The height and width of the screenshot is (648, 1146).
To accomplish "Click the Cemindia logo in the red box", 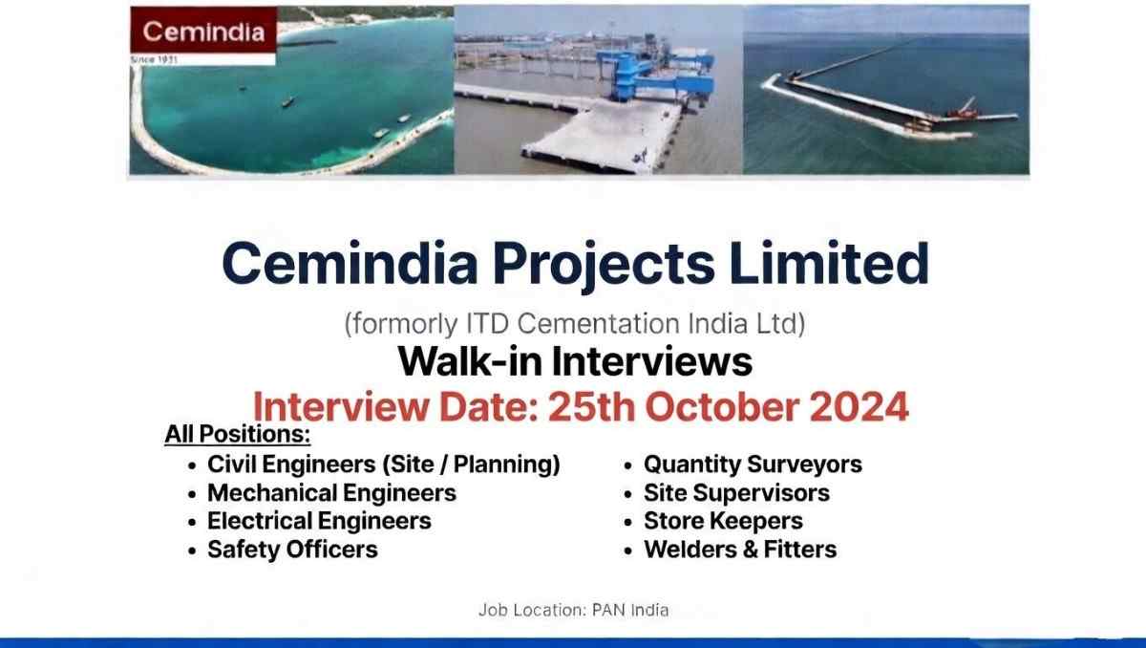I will tap(202, 31).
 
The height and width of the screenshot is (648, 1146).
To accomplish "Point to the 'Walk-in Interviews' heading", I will tap(574, 361).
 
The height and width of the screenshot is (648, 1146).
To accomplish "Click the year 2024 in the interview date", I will tap(859, 407).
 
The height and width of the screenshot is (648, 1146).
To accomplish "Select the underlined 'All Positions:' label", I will tap(237, 435).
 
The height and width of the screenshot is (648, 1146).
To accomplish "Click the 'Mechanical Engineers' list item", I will tap(331, 493).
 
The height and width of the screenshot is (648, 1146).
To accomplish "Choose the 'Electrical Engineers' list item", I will tap(319, 521).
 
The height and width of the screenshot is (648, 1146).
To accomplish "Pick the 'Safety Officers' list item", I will tap(292, 550).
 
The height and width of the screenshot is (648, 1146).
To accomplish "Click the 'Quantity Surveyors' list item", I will tap(753, 464).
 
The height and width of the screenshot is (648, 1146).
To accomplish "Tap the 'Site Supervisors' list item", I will tap(736, 493).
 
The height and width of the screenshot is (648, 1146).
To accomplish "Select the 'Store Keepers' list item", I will tap(723, 521).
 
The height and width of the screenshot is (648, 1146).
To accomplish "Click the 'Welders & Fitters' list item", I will tap(740, 550).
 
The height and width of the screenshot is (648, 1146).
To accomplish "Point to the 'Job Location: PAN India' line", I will tap(573, 610).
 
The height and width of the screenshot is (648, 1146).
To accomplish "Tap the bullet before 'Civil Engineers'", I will tap(193, 465).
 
